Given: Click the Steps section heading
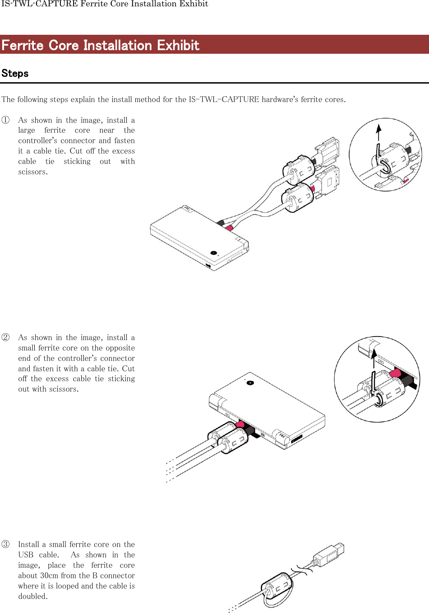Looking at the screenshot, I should point(15,73).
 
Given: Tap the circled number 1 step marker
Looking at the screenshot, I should point(5,120).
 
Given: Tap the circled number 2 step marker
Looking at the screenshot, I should point(5,337).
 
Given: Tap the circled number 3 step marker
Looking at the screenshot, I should point(5,544).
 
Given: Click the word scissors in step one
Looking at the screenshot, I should point(32,172).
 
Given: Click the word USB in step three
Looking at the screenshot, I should point(26,555).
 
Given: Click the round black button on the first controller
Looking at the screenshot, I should point(214,253).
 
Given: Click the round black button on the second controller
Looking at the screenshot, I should point(250,383).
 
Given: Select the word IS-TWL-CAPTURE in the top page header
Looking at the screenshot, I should point(39,4).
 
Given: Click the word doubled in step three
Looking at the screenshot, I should point(32,596).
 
